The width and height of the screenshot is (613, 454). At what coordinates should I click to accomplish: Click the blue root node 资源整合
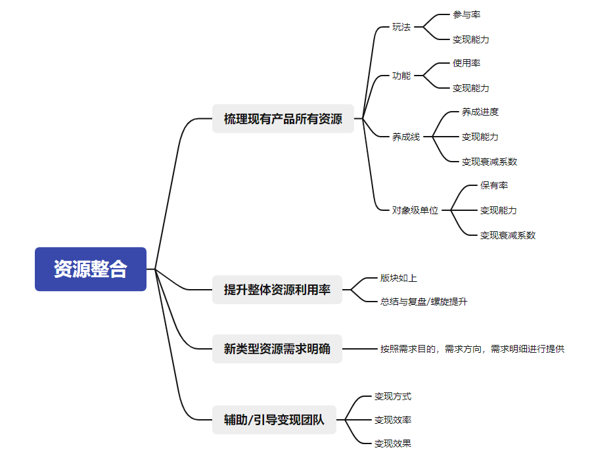(x=91, y=269)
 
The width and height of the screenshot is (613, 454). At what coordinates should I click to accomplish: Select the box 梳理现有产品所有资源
(x=283, y=119)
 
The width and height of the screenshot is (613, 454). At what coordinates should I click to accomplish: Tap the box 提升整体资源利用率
(x=277, y=289)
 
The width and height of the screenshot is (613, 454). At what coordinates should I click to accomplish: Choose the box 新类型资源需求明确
(x=277, y=349)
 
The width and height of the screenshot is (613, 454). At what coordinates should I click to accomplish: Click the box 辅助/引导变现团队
(x=274, y=420)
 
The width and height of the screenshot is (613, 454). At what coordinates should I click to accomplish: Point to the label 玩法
(x=401, y=27)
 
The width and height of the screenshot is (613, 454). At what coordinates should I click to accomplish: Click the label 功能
(x=401, y=76)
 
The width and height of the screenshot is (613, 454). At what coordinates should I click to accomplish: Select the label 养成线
(x=406, y=137)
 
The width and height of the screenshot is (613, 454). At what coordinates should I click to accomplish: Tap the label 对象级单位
(x=415, y=210)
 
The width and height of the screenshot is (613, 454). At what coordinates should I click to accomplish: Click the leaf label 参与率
(x=466, y=14)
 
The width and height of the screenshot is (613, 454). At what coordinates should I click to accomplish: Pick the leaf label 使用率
(x=466, y=63)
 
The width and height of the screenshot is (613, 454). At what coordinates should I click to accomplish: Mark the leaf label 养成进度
(x=480, y=112)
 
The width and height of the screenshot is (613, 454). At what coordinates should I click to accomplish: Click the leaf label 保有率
(x=494, y=185)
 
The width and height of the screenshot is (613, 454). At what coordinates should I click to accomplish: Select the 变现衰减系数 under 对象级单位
(x=508, y=235)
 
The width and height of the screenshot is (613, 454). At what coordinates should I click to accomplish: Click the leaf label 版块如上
(x=399, y=278)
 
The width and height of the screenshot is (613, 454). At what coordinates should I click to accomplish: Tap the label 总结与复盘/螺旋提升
(x=424, y=302)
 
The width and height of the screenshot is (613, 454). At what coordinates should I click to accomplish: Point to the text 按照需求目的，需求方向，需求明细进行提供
(x=472, y=349)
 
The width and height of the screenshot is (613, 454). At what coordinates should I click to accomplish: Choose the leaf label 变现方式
(x=393, y=396)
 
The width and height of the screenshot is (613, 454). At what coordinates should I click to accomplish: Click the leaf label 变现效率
(x=393, y=420)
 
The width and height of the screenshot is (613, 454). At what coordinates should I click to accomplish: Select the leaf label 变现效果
(x=393, y=443)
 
